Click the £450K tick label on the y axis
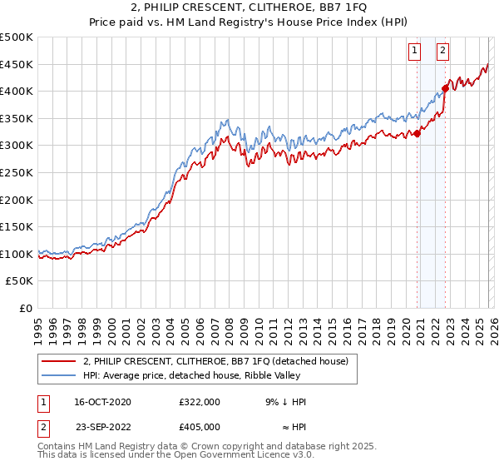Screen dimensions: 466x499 click(x=17, y=64)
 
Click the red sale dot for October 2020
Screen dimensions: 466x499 click(x=417, y=134)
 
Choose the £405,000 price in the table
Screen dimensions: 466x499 click(x=199, y=427)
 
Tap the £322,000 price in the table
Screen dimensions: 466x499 click(x=199, y=403)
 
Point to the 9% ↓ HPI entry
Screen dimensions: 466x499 click(x=285, y=403)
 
